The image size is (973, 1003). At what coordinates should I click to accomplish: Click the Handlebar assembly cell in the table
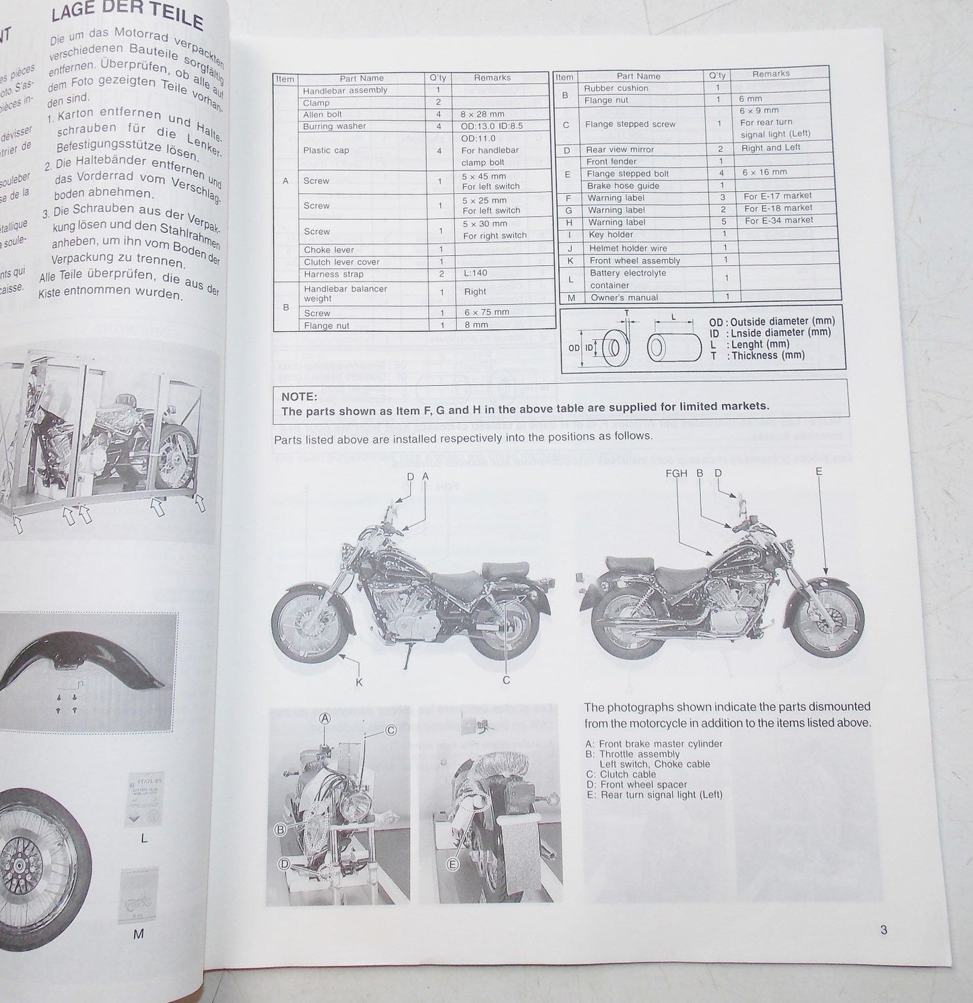pyautogui.click(x=345, y=90)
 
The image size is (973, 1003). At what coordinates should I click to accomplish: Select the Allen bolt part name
pyautogui.click(x=323, y=114)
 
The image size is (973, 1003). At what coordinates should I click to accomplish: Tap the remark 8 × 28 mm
pyautogui.click(x=479, y=114)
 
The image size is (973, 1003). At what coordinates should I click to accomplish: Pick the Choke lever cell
pyautogui.click(x=329, y=250)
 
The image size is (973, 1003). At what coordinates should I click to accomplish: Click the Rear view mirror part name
pyautogui.click(x=619, y=149)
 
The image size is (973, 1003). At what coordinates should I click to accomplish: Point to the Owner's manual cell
pyautogui.click(x=624, y=298)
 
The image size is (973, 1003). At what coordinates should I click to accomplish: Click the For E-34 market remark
pyautogui.click(x=778, y=221)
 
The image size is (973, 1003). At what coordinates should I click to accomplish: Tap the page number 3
pyautogui.click(x=883, y=930)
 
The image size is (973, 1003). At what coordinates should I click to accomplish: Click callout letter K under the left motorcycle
pyautogui.click(x=358, y=682)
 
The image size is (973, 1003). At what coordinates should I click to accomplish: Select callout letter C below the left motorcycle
pyautogui.click(x=506, y=681)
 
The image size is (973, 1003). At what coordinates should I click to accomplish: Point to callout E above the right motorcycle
pyautogui.click(x=819, y=472)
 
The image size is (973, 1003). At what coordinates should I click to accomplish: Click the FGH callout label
pyautogui.click(x=676, y=473)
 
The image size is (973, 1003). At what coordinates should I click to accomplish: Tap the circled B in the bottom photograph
pyautogui.click(x=281, y=829)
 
